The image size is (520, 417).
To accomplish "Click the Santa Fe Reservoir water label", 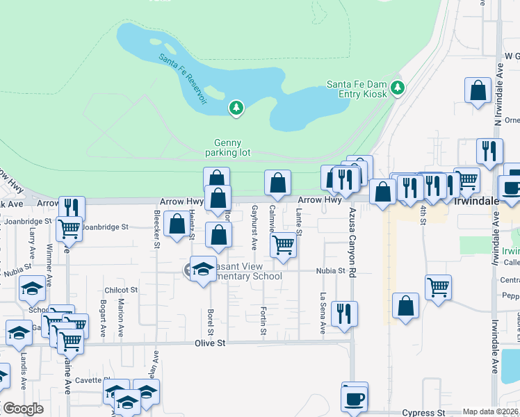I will point(182,78).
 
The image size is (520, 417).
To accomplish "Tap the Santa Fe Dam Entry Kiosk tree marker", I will point(398,88).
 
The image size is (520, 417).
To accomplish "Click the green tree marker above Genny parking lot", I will point(237,108).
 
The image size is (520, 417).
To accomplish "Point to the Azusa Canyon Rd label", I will point(352,240).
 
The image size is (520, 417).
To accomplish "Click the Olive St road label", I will point(211,343).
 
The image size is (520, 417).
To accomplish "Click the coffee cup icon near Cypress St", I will point(355,398).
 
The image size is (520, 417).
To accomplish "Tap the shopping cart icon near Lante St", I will point(283,245).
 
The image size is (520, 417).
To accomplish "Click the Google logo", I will point(23,409).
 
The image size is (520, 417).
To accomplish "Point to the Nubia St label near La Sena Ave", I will point(332,271).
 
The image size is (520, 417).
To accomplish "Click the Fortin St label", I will point(263,319).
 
